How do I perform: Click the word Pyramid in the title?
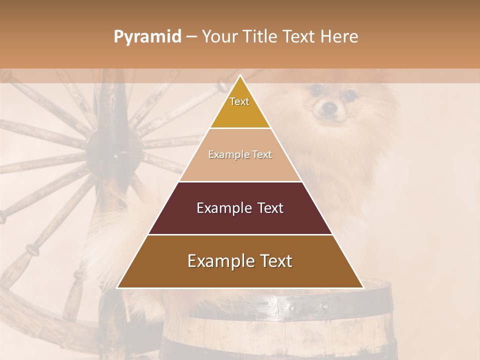coord(147,37)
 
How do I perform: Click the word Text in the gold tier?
coord(239,101)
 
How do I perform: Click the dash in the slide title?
coord(191,37)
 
